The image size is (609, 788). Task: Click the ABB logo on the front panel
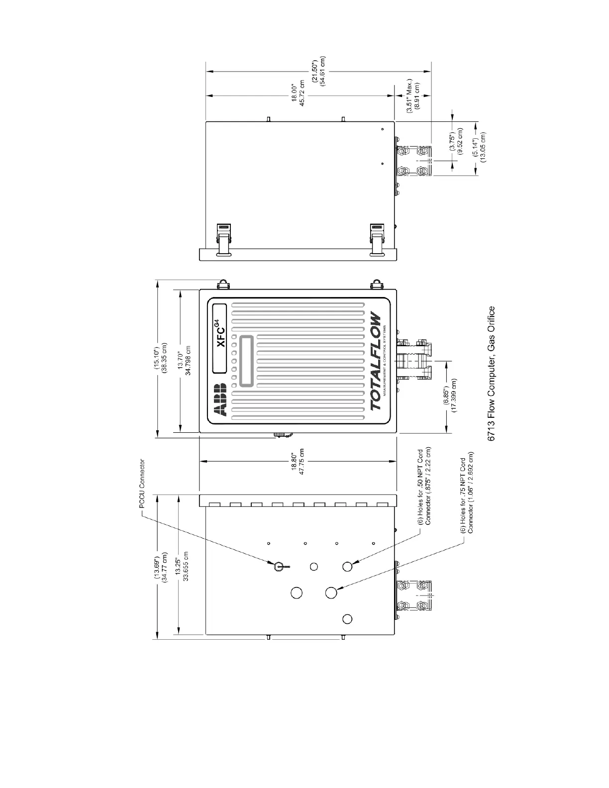220,400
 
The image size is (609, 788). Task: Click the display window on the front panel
246,361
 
